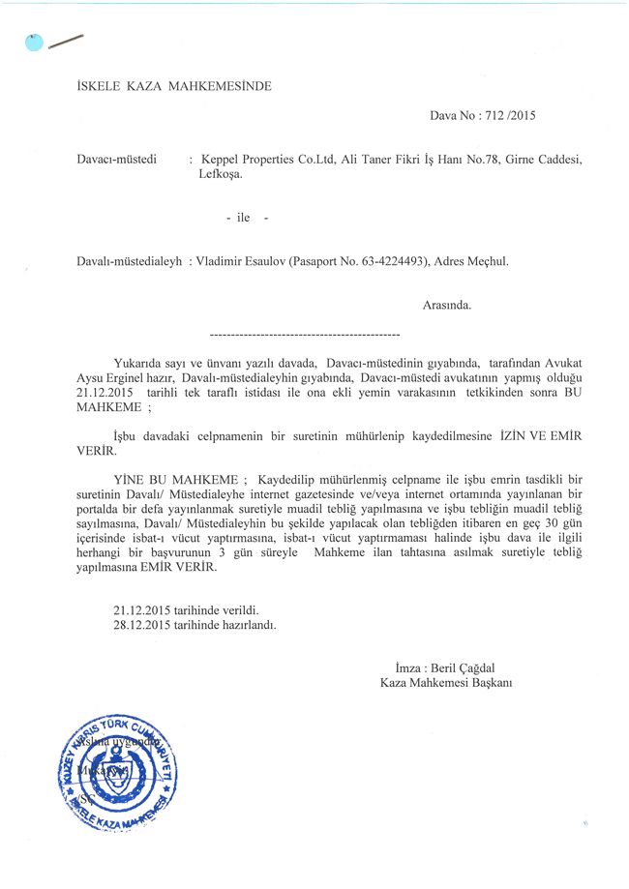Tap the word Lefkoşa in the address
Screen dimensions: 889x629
coord(221,175)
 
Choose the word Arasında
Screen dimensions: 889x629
coord(447,306)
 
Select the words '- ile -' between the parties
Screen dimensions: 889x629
coord(245,218)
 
